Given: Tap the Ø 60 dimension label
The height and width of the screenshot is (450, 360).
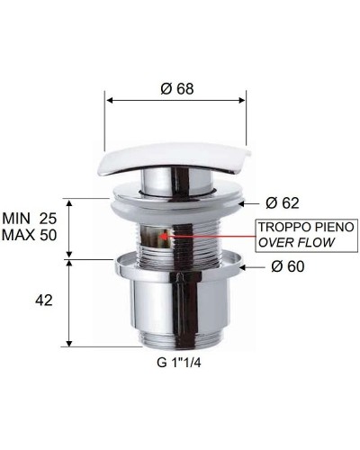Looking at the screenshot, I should [290, 267].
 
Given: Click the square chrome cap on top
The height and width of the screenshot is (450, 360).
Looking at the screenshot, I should [174, 159].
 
